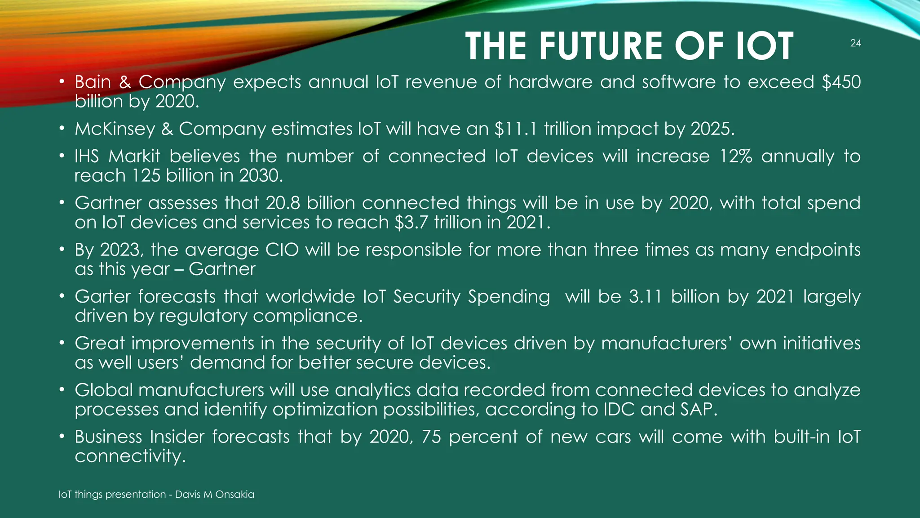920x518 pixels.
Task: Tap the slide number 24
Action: [x=855, y=43]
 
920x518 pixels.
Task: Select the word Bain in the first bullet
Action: [x=93, y=82]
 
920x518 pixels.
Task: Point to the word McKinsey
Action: [x=115, y=129]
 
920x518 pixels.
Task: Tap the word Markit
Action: [x=134, y=156]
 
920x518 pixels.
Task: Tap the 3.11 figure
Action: [x=645, y=297]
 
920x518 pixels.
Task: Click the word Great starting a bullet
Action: [x=100, y=344]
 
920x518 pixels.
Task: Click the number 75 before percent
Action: [x=431, y=437]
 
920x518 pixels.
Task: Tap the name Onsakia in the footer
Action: [x=234, y=495]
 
